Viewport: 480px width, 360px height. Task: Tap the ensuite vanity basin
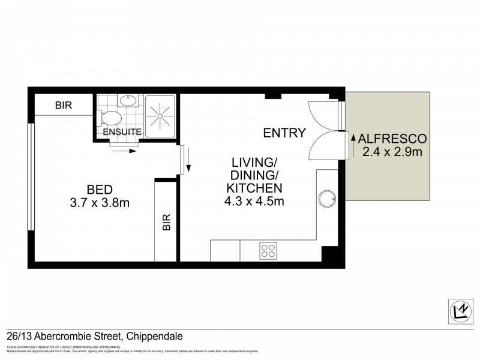coord(127,101)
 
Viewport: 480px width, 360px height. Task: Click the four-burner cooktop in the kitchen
coord(268,251)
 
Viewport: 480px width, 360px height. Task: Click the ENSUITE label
coord(122,132)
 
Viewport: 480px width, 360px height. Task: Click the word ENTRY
coord(284,133)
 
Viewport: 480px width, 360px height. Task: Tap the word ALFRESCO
coord(394,138)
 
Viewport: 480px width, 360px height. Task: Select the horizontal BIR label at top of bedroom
coord(63,105)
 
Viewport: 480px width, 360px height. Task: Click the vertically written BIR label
coord(166,223)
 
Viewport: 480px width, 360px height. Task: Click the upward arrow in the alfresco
coord(353,145)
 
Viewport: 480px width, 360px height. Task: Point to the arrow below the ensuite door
coord(124,151)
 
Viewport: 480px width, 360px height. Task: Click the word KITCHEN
coord(254,188)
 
